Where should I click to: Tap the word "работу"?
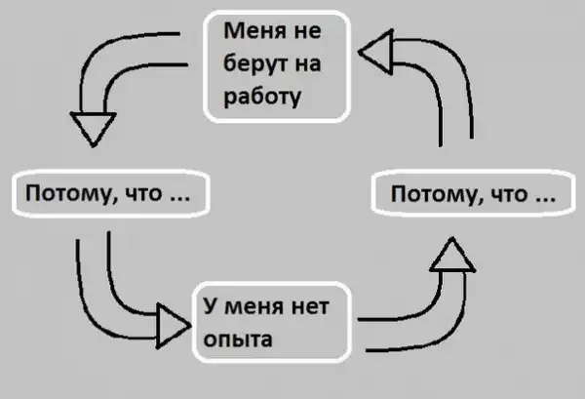(x=261, y=98)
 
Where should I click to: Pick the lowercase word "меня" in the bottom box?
(x=254, y=307)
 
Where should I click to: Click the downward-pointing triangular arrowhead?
(x=95, y=127)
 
